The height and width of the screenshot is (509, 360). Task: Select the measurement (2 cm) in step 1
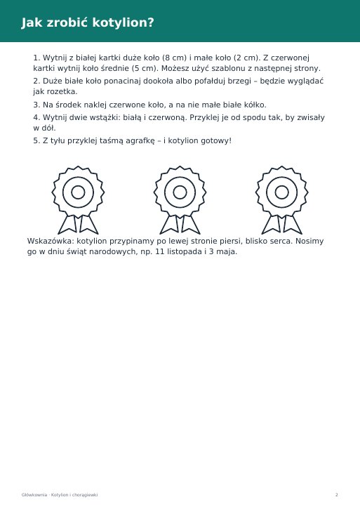pos(247,58)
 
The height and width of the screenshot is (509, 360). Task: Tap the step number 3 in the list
pos(36,105)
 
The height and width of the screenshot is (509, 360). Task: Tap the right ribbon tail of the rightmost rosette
pos(292,225)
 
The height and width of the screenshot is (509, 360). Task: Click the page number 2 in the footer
pos(337,495)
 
